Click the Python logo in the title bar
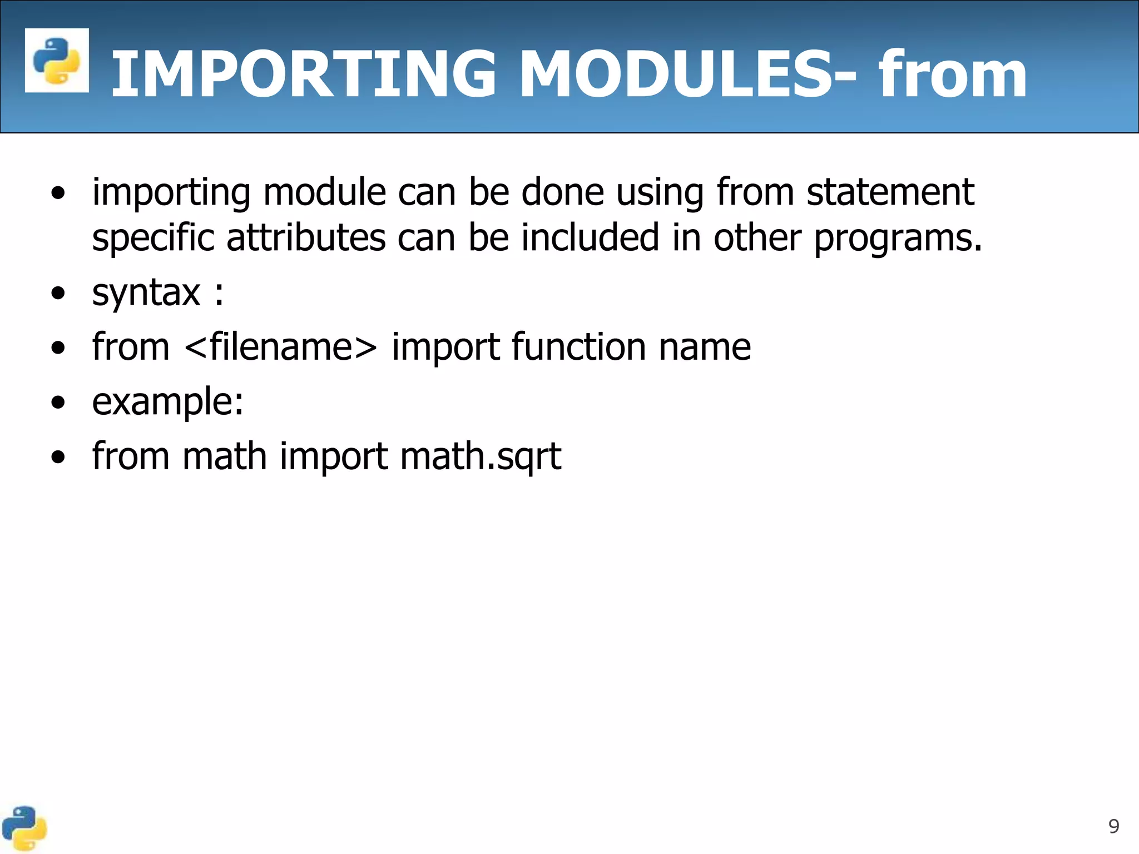(57, 60)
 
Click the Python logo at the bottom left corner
(23, 828)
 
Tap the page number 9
(1113, 826)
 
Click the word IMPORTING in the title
(303, 74)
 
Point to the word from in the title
(952, 74)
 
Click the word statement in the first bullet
(890, 192)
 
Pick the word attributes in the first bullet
(306, 238)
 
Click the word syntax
(146, 293)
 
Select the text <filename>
(280, 347)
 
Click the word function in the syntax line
(578, 347)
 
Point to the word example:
(167, 402)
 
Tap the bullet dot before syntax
(58, 294)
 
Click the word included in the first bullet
(590, 238)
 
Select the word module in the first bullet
(325, 192)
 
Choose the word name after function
(705, 347)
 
